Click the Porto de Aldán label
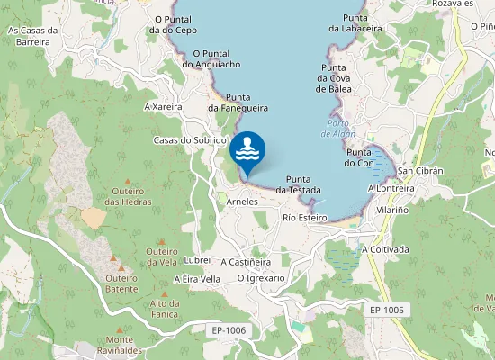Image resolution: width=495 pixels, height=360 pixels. pos(338,129)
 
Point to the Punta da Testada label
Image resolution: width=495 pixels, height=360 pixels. pos(299,184)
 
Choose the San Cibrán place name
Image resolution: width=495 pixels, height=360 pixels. pos(418,171)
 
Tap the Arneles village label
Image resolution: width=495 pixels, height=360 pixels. pos(243,202)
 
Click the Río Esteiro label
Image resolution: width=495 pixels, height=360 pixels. pos(304,218)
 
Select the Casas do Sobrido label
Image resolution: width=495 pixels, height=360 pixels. pos(190,140)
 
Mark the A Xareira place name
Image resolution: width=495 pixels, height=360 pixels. pos(163,106)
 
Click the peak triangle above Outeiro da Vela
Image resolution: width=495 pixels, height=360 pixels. pos(161,241)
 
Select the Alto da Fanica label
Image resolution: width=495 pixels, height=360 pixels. pos(165,308)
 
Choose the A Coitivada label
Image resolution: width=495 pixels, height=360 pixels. pos(385,249)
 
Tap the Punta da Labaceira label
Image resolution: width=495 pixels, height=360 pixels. pos(355,23)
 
